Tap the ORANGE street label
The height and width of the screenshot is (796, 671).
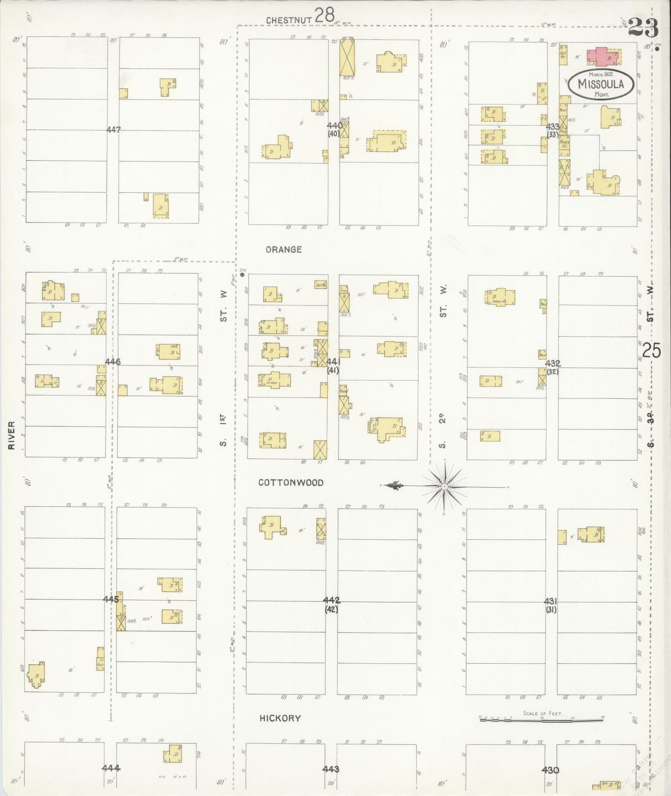pyautogui.click(x=284, y=250)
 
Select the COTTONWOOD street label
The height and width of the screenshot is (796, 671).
pyautogui.click(x=291, y=483)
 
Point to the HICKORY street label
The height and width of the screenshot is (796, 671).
pyautogui.click(x=280, y=718)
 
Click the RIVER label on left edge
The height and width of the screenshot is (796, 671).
pyautogui.click(x=12, y=435)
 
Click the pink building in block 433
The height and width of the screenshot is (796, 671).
pyautogui.click(x=602, y=56)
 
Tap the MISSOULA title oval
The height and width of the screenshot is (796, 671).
pyautogui.click(x=601, y=84)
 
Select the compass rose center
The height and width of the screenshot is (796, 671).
pyautogui.click(x=444, y=486)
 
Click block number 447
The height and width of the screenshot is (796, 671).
pyautogui.click(x=113, y=130)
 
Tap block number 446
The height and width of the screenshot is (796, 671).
pyautogui.click(x=113, y=361)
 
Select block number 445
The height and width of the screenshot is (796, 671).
pyautogui.click(x=111, y=600)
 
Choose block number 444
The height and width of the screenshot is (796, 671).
pyautogui.click(x=111, y=768)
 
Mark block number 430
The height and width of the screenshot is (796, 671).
pyautogui.click(x=550, y=770)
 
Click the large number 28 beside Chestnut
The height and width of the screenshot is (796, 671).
pyautogui.click(x=325, y=15)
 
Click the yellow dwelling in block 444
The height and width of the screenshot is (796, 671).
pyautogui.click(x=172, y=754)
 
